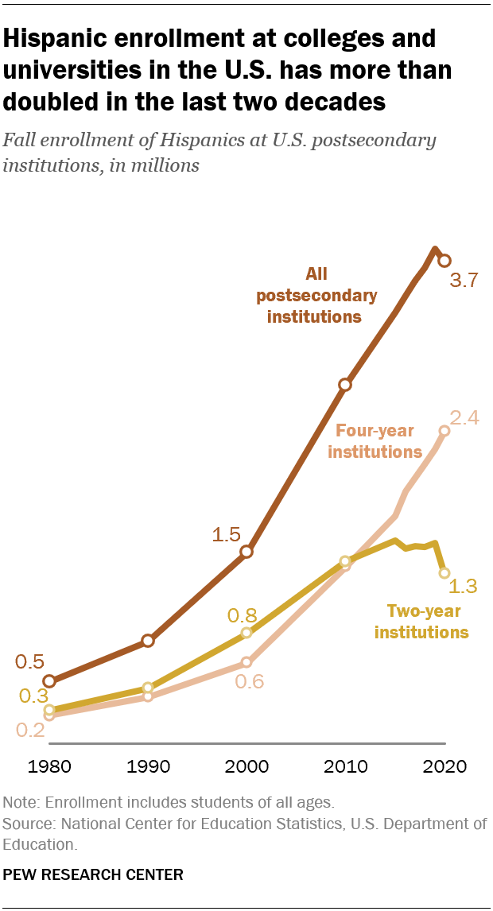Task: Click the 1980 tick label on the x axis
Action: (49, 767)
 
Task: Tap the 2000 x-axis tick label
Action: (246, 767)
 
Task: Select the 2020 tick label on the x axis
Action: (444, 767)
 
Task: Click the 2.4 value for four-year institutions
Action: (464, 418)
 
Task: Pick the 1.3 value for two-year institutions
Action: (463, 587)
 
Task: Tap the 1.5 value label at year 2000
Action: (226, 535)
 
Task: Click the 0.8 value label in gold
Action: (243, 614)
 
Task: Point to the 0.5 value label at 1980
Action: (29, 661)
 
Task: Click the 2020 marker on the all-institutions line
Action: (444, 260)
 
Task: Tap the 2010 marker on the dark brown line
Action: (345, 385)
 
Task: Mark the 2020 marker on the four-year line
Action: (444, 431)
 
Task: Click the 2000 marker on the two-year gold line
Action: (246, 633)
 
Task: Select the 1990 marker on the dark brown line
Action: (148, 641)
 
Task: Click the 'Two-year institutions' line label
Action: (421, 622)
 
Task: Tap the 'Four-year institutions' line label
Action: (375, 441)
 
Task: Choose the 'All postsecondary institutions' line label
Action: (316, 295)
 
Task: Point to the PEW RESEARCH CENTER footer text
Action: (94, 874)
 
